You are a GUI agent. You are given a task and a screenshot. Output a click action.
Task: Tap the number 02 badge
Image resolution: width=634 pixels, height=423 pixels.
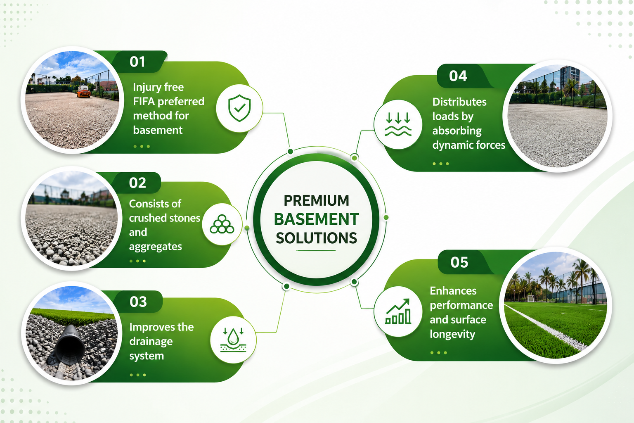[x=137, y=183]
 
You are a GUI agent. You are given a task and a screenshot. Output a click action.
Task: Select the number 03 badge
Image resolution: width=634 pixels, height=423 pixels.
[x=138, y=302]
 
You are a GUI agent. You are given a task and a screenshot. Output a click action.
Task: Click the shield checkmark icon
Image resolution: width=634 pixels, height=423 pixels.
[x=239, y=108]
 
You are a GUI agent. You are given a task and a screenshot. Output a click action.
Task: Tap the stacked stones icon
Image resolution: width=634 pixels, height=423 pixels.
[x=222, y=224]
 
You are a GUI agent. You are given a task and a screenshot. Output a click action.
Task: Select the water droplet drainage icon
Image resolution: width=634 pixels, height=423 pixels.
[x=233, y=340]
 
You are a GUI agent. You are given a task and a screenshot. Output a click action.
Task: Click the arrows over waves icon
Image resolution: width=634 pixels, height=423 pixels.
[x=398, y=124]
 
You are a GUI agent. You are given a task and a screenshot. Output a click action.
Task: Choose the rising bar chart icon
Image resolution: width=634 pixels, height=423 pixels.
[x=398, y=311]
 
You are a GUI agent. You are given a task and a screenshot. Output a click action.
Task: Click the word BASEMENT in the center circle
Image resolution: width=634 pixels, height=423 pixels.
[x=316, y=219]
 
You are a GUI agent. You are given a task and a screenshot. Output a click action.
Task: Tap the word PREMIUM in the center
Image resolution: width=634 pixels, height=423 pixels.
[x=317, y=201]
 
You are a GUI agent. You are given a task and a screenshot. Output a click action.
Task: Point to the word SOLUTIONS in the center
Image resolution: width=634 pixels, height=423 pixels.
[x=317, y=238]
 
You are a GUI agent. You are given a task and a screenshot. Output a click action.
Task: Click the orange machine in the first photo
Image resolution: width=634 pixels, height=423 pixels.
[x=84, y=91]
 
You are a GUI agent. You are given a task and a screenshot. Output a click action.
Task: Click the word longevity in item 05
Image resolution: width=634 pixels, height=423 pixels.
[x=452, y=335]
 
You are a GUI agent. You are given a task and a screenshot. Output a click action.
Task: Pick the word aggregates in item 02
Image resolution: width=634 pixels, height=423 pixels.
[x=155, y=247]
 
